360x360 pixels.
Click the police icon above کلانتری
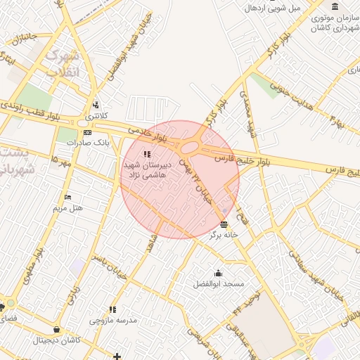pos(95,105)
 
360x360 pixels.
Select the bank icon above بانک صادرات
pos(87,132)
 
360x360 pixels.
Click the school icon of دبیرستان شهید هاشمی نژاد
pos(146,154)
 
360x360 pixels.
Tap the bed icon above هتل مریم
pos(67,197)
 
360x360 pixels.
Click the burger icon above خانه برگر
pos(224,225)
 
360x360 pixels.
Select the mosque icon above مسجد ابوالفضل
pos(218,274)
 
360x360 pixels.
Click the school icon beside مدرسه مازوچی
pos(112,309)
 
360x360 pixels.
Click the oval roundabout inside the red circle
pos(190,148)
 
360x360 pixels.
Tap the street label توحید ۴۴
pos(248,302)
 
